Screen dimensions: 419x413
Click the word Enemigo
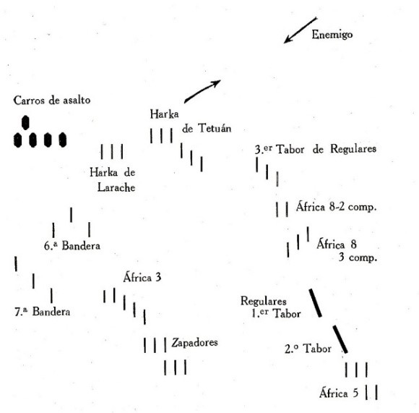tap(332, 35)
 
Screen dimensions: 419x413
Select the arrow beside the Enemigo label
tap(301, 30)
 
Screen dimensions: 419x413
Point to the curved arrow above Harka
tap(202, 90)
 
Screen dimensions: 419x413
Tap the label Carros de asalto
tap(52, 101)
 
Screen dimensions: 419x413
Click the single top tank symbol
tap(25, 123)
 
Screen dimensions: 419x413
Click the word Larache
tap(116, 187)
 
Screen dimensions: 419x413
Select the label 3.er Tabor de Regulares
tap(316, 149)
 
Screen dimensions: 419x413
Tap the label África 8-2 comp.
tap(336, 207)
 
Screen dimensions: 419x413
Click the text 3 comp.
tap(358, 257)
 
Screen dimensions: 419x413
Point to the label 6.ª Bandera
tap(72, 245)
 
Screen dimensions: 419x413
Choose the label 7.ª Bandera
tap(43, 312)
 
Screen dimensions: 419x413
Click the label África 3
tap(142, 277)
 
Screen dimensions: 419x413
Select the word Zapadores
tap(194, 343)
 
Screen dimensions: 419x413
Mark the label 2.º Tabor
tap(308, 349)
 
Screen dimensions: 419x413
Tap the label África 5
tap(339, 393)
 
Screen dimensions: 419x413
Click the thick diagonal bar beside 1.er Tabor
tap(315, 303)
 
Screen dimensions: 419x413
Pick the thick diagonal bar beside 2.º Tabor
tap(340, 339)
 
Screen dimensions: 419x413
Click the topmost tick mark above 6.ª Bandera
tap(71, 215)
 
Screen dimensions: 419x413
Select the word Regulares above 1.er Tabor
tap(264, 301)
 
